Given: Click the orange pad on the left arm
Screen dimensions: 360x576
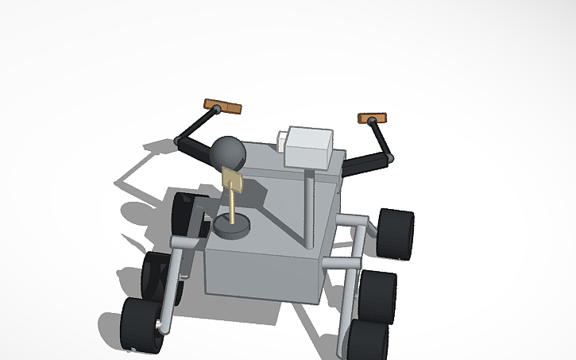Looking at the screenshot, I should point(222,106).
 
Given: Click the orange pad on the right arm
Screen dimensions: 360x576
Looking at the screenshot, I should point(371,119).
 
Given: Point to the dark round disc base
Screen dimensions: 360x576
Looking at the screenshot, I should point(232,227).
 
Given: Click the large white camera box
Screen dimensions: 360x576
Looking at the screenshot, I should point(309,147).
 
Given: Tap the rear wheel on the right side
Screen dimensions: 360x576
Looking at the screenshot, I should point(396,234).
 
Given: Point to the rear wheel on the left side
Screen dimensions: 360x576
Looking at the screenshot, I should point(187,213).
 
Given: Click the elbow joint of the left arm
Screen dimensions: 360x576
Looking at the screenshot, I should point(176,141).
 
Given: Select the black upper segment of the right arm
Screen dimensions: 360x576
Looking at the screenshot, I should point(381,138).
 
